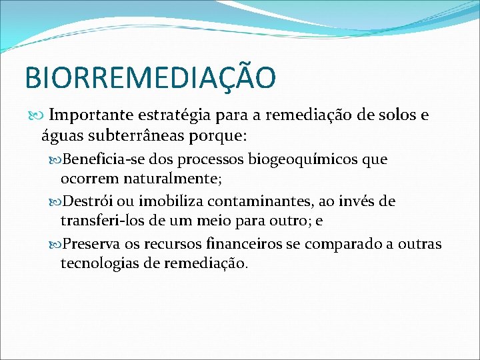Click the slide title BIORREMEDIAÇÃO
coord(149,77)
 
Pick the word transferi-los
coord(99,221)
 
